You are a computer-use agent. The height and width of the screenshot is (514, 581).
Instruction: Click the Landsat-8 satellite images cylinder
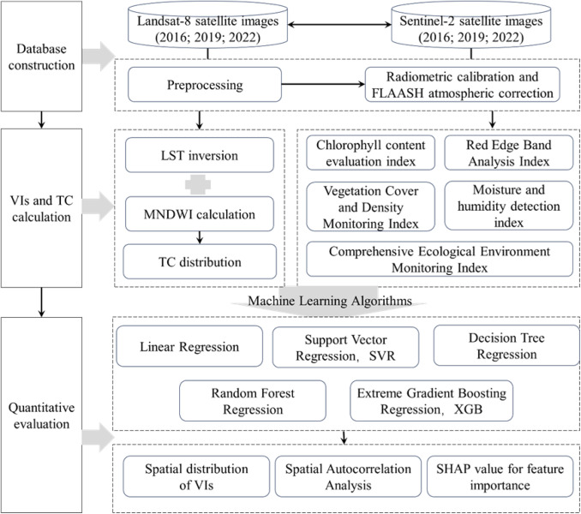(208, 25)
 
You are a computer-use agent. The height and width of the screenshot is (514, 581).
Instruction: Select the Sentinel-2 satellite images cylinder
(471, 25)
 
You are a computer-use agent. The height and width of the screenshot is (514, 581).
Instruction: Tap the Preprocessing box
(205, 85)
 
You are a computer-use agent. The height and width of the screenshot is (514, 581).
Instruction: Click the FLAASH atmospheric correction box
(462, 85)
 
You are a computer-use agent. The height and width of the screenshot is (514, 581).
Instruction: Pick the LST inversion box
(200, 155)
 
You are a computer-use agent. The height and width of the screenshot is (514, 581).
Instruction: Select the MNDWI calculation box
(200, 214)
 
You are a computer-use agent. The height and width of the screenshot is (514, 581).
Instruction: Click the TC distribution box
(200, 261)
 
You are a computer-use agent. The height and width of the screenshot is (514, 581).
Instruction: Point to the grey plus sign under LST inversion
(198, 184)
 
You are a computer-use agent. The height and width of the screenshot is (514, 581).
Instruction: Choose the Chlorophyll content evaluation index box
(370, 153)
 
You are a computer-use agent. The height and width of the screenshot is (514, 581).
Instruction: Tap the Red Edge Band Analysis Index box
(509, 153)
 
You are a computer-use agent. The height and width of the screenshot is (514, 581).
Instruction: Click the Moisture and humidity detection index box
(509, 206)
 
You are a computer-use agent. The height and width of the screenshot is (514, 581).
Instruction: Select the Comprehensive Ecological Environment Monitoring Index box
(440, 260)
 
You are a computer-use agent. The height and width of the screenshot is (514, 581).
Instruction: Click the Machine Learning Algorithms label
(330, 301)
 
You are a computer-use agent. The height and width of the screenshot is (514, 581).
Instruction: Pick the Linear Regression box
(189, 346)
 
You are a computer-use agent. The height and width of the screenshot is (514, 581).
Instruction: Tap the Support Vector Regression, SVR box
(345, 347)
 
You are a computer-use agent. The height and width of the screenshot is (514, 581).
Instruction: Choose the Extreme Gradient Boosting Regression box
(432, 401)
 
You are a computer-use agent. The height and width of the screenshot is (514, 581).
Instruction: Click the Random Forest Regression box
(253, 401)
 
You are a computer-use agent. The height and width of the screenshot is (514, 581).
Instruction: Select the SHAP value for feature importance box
(500, 476)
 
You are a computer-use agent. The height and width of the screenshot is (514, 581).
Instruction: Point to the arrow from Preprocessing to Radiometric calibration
(323, 85)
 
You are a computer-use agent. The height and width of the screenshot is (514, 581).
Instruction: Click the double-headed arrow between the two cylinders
(339, 25)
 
